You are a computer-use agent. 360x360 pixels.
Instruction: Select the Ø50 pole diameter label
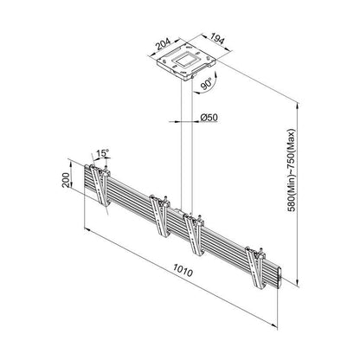[209, 116]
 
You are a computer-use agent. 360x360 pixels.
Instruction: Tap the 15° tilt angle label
[103, 153]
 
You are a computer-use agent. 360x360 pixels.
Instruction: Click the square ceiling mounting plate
[183, 64]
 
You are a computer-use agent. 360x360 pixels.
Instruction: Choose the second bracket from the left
[157, 216]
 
